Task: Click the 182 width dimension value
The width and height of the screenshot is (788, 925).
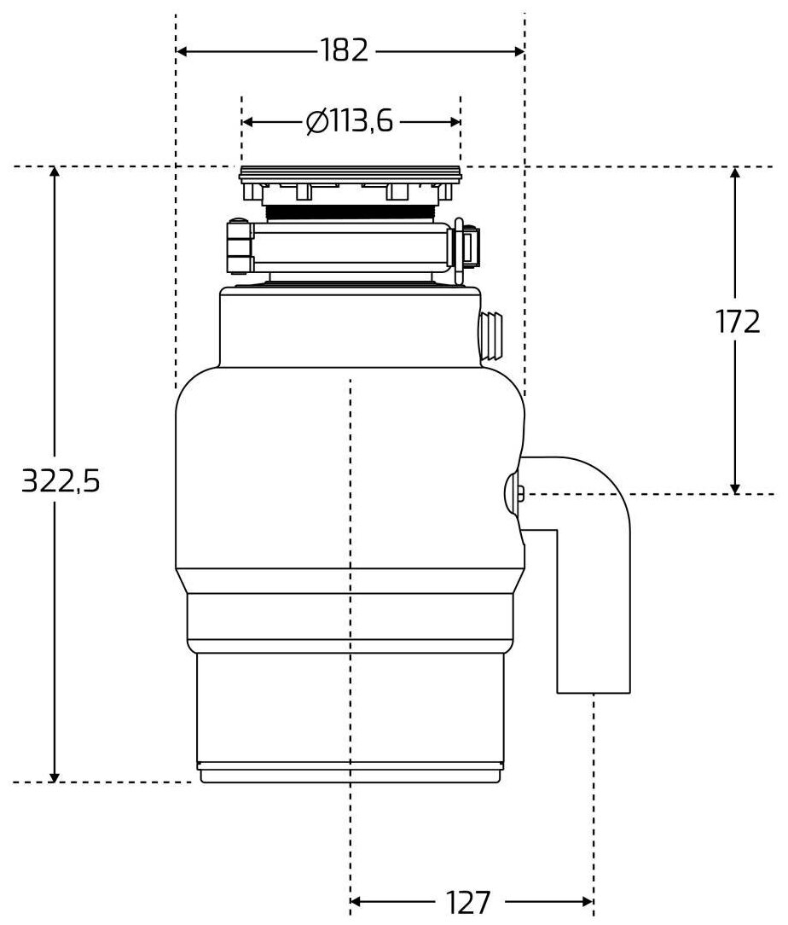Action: tap(346, 51)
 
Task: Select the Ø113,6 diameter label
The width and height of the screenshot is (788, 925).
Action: tap(350, 122)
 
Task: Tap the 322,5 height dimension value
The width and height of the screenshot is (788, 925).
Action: tap(61, 482)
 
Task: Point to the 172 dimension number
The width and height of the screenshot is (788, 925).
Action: tap(736, 322)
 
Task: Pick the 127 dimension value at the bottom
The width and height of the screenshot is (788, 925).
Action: tap(468, 901)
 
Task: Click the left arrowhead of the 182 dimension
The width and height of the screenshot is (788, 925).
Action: tap(182, 51)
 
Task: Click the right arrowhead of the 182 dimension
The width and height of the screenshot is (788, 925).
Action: tap(519, 51)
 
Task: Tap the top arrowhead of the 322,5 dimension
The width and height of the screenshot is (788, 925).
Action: tap(55, 173)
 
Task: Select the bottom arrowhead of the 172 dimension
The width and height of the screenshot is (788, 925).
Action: tap(736, 487)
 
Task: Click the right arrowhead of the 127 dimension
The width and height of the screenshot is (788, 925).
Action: tap(588, 901)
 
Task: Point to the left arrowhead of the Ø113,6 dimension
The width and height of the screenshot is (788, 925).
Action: tap(248, 122)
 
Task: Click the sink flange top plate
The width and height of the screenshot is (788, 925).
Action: tap(351, 176)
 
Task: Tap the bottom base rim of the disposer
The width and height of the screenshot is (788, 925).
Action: tap(349, 775)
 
